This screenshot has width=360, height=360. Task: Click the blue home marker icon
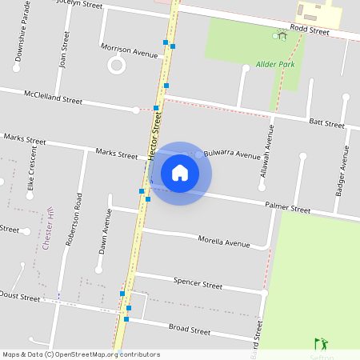coord(180,173)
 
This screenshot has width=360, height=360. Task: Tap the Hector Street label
coord(156,136)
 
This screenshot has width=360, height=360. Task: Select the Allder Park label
coord(276,63)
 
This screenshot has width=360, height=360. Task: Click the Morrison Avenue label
coord(130,51)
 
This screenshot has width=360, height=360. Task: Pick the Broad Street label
coord(190,329)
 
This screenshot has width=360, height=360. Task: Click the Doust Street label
coord(19,297)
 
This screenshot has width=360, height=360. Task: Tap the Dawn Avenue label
coord(103,231)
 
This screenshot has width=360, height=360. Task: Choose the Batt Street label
coord(326,123)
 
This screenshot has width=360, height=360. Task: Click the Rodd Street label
coord(310,30)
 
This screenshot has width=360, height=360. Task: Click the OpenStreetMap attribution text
coord(81,354)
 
